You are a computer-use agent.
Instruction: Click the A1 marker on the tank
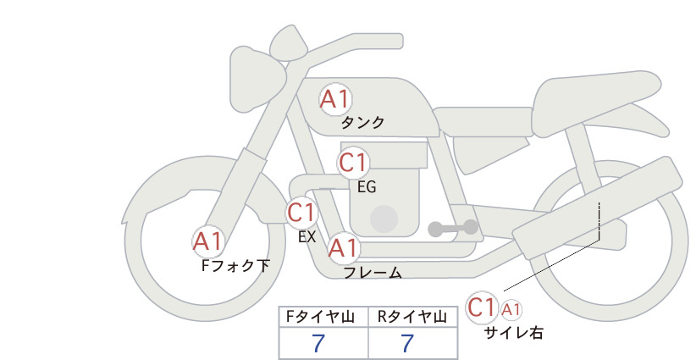click(335, 99)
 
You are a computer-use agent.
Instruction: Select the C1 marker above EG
click(353, 163)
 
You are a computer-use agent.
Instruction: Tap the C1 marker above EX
click(301, 213)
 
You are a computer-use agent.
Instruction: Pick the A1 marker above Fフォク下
click(207, 241)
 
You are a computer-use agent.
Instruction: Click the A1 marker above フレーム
click(344, 247)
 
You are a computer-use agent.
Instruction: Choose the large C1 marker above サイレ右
click(482, 307)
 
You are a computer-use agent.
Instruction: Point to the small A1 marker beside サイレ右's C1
click(511, 310)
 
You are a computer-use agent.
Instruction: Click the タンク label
click(362, 123)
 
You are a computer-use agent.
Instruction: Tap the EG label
click(367, 187)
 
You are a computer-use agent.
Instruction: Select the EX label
click(307, 237)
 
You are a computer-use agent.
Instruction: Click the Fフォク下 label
click(235, 265)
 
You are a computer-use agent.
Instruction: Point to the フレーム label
click(373, 273)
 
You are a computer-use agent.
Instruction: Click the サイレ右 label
click(514, 333)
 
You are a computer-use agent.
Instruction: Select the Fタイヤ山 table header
click(320, 317)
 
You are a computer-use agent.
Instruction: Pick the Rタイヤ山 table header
click(412, 317)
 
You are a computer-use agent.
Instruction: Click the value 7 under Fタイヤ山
click(318, 343)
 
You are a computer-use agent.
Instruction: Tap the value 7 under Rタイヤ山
click(407, 343)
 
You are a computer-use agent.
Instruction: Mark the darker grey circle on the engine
click(384, 219)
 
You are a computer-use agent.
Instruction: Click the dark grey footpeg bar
click(453, 228)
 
